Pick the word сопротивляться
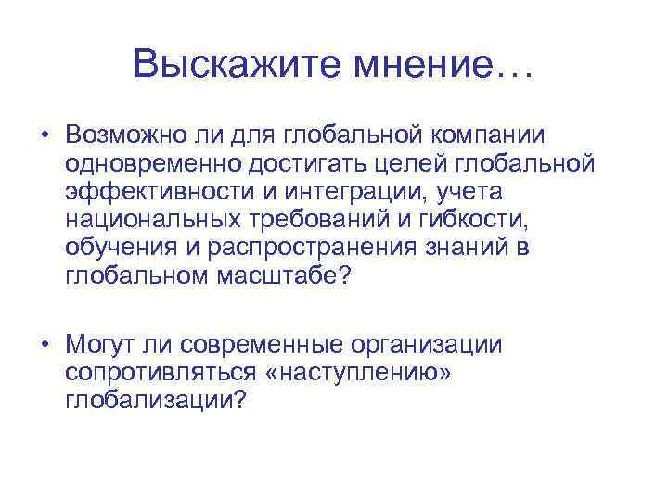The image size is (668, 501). (161, 374)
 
